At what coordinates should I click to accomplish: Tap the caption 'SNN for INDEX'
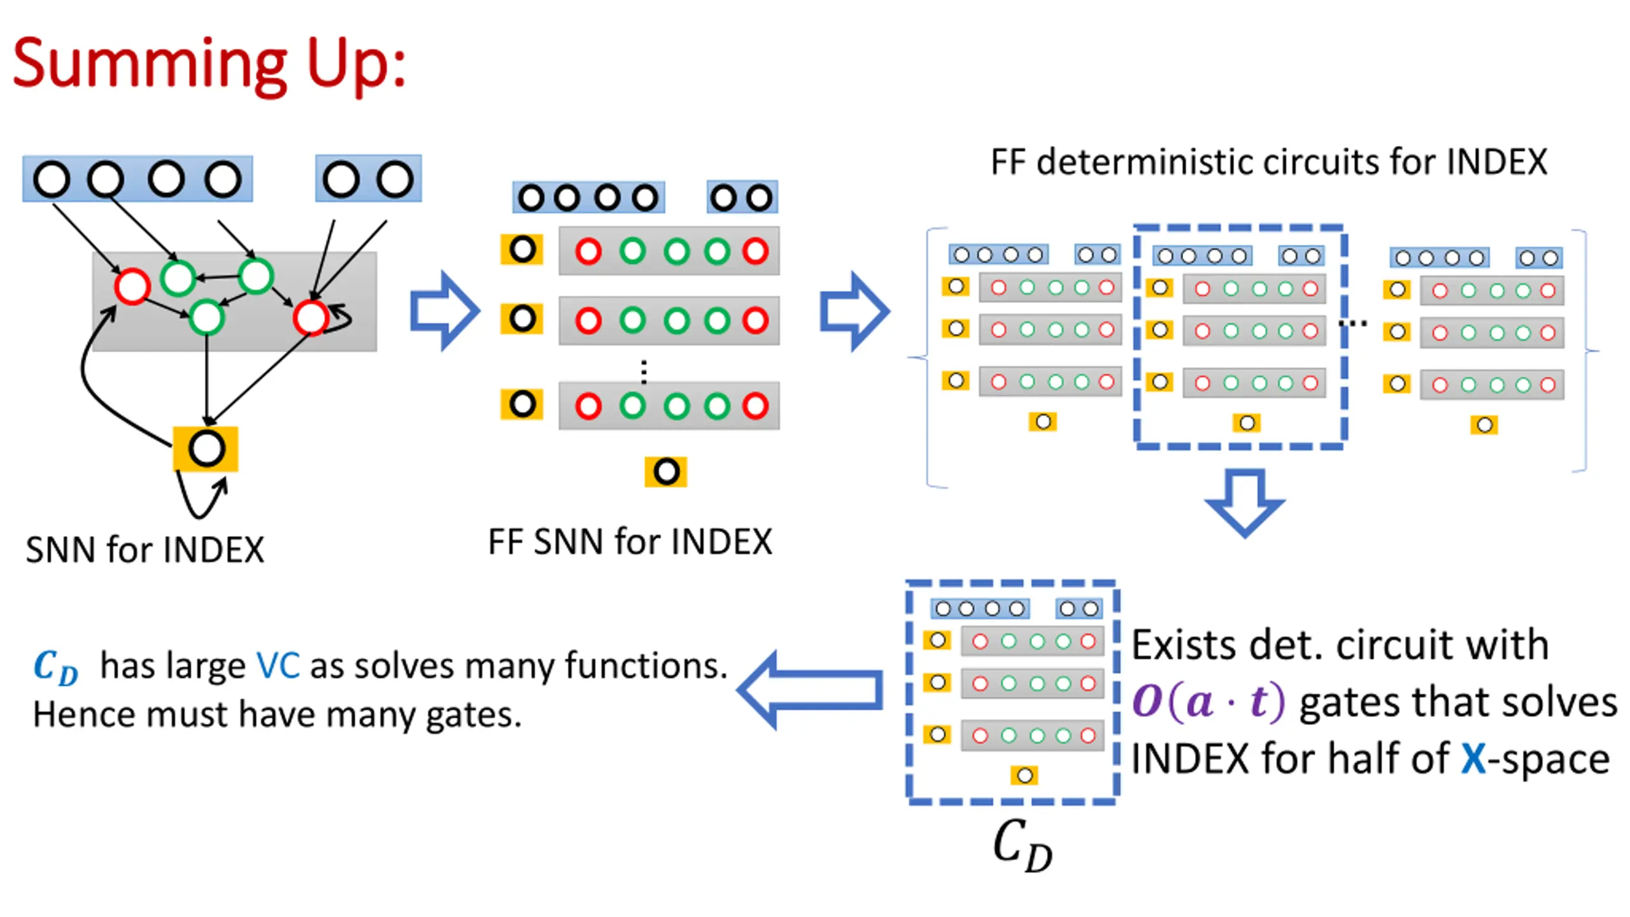(x=145, y=550)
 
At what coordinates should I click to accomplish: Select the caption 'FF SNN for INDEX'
(x=630, y=542)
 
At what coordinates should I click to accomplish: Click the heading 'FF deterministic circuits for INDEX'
(x=1268, y=162)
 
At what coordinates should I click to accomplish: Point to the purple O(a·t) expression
(x=1208, y=702)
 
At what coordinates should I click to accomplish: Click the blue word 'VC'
(x=278, y=666)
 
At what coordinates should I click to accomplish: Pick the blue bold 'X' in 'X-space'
(x=1473, y=758)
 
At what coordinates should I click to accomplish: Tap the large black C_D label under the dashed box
(x=1023, y=844)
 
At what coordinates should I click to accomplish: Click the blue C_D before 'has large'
(x=56, y=667)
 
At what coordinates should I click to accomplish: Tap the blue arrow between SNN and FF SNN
(x=444, y=311)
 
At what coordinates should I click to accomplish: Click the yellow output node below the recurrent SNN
(x=206, y=449)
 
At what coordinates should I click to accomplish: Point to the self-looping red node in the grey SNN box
(x=311, y=317)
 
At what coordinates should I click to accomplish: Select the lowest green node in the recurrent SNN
(x=207, y=316)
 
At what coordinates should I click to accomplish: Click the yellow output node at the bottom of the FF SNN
(x=666, y=472)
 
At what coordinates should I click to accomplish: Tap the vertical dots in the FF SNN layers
(x=644, y=371)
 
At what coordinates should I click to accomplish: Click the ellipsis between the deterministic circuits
(x=1352, y=323)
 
